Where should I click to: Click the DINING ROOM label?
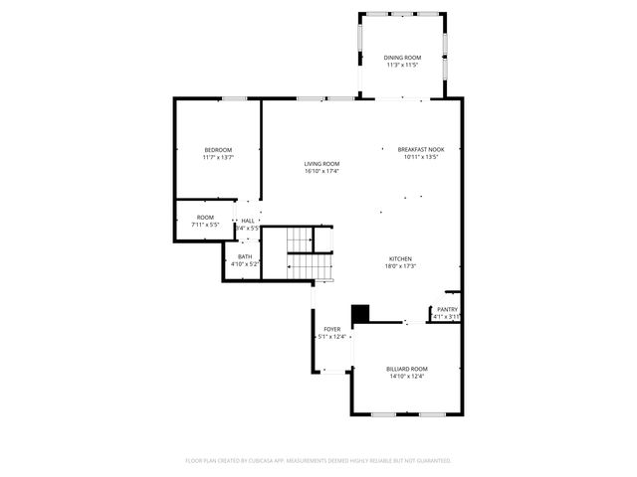402,58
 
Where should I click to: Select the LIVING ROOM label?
321,164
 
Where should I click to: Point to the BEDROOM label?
218,150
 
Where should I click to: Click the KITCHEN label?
400,259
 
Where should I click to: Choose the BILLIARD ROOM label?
406,369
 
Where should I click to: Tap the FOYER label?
331,329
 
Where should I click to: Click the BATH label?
245,257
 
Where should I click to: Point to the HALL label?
248,221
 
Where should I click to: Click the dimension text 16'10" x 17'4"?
321,171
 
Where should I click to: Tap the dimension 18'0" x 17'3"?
400,266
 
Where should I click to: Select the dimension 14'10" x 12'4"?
406,376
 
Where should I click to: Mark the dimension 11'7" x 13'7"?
218,157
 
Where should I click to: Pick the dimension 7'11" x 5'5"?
205,224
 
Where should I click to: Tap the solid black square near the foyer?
360,313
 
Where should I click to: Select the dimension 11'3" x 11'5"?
402,65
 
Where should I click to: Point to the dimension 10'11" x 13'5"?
421,157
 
